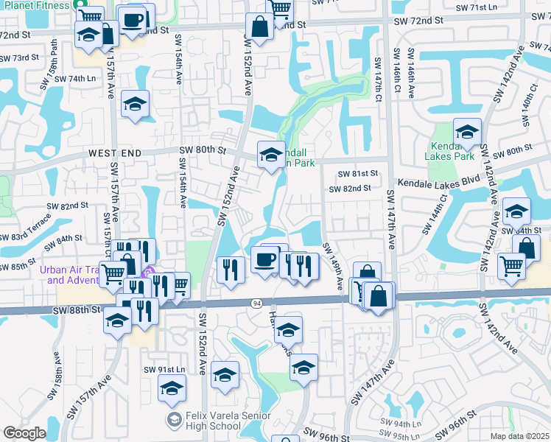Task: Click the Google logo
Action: point(24,433)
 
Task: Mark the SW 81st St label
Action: point(357,173)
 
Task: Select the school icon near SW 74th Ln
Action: point(136,104)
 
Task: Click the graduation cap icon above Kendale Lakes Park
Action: point(467,132)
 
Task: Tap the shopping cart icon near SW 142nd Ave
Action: point(511,265)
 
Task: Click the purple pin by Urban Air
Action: point(150,275)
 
